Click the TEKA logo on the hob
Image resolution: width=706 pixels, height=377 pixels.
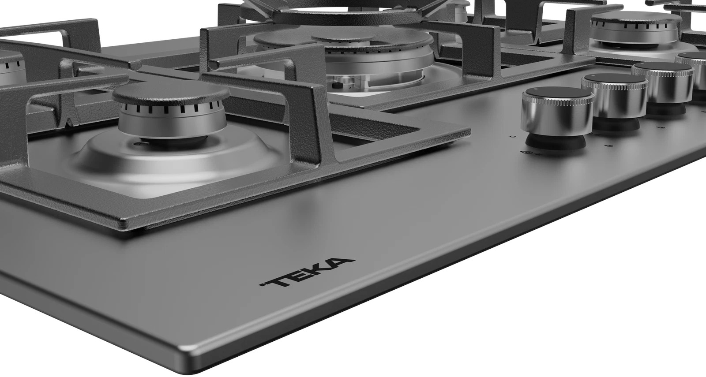[307, 272]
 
